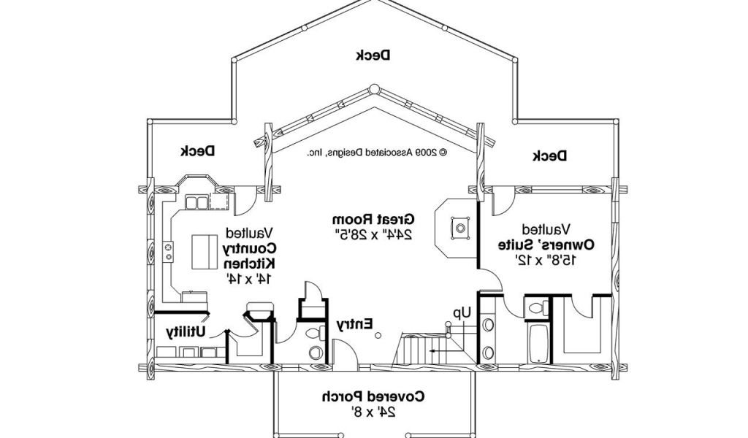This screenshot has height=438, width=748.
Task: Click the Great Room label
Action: tap(373, 219)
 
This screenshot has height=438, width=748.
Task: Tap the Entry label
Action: tap(355, 323)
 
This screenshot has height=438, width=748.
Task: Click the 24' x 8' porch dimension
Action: tap(373, 412)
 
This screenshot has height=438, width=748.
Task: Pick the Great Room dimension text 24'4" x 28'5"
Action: tap(373, 234)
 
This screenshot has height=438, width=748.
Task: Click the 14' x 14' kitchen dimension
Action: tap(249, 278)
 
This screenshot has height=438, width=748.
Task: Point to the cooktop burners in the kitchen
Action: tap(169, 252)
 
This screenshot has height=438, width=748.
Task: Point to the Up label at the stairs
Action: tap(461, 312)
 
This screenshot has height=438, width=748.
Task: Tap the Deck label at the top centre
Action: tap(373, 55)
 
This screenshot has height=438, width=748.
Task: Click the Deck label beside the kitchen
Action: tap(197, 151)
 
